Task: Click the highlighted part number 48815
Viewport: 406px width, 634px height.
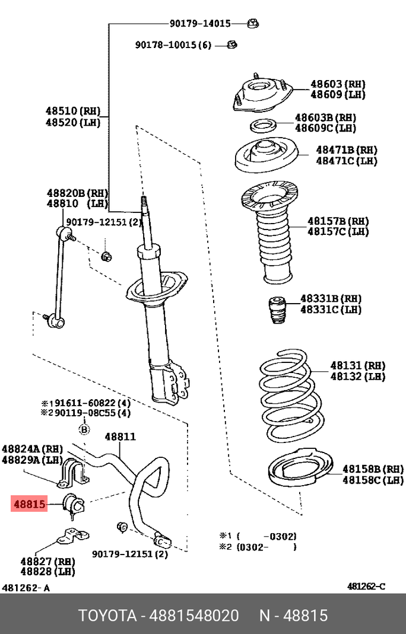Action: [x=28, y=504]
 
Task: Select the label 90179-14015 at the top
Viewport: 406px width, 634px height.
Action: [x=199, y=24]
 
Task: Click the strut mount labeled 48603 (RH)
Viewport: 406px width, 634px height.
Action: [x=261, y=96]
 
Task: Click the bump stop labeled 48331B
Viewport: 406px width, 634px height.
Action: [x=275, y=309]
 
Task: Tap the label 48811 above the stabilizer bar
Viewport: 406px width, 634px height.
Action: [x=120, y=437]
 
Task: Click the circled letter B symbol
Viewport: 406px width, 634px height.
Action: [x=84, y=429]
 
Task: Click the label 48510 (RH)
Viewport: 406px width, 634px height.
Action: [x=73, y=110]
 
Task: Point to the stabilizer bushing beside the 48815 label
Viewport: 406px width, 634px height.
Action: [x=75, y=504]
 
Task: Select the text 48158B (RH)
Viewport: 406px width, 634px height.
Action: [x=373, y=469]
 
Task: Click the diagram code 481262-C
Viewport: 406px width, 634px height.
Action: [x=366, y=587]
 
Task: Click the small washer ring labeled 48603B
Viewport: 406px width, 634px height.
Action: [x=261, y=126]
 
